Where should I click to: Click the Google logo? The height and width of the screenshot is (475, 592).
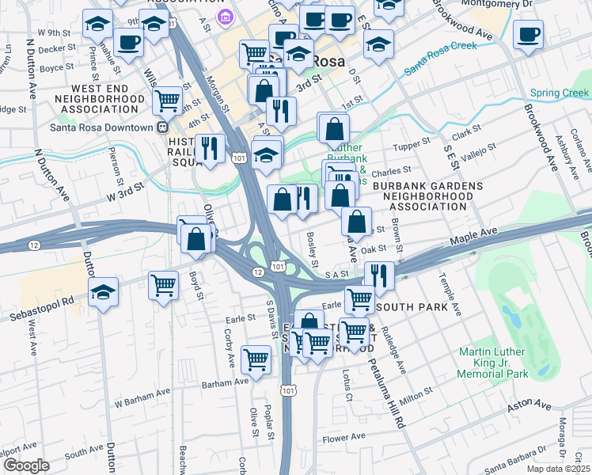[26, 465]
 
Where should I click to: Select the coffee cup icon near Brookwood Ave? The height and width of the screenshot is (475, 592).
[528, 35]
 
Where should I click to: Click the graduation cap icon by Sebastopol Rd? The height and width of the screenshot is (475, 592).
[103, 292]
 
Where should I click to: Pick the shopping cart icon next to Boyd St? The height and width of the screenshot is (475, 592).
[163, 284]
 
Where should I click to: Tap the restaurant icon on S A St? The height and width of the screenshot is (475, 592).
[379, 275]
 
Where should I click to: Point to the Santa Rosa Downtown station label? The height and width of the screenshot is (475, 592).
[101, 127]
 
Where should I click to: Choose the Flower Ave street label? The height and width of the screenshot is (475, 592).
[344, 437]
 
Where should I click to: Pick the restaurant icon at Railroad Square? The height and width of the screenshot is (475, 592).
[210, 148]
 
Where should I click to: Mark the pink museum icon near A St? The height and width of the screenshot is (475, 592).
[227, 15]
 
